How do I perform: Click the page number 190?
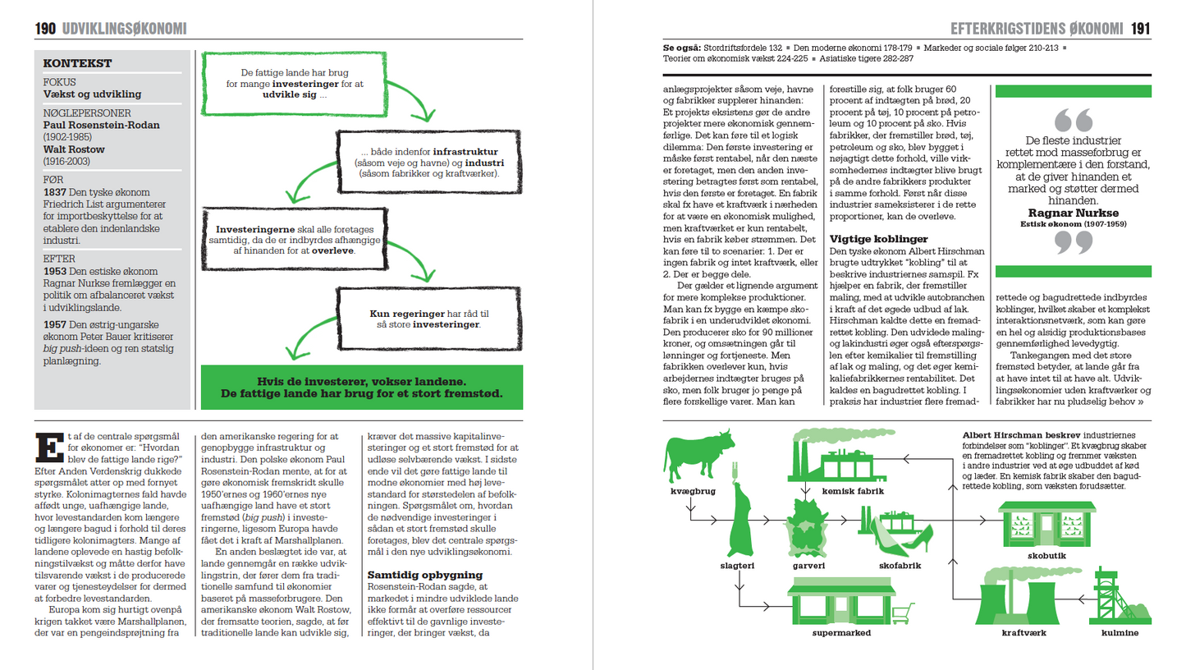pyautogui.click(x=44, y=29)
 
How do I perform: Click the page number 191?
pyautogui.click(x=1140, y=29)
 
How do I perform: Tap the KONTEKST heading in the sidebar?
pyautogui.click(x=77, y=63)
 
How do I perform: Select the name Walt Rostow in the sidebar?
pyautogui.click(x=75, y=151)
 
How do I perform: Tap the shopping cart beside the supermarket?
pyautogui.click(x=903, y=611)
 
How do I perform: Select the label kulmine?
pyautogui.click(x=1120, y=634)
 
